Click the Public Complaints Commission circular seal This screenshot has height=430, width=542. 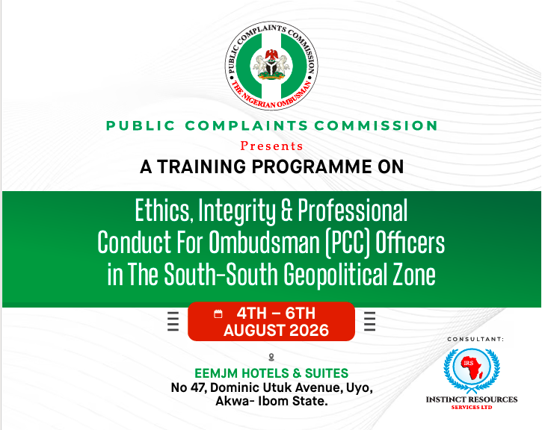(271, 66)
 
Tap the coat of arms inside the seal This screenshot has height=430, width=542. (271, 64)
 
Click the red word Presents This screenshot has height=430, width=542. (271, 146)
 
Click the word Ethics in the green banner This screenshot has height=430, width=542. (162, 211)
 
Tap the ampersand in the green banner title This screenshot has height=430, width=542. (286, 211)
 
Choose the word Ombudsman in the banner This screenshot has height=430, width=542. (265, 243)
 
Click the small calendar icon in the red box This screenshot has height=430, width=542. (218, 314)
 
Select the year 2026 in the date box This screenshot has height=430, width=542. (309, 331)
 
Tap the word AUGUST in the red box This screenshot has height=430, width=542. (255, 331)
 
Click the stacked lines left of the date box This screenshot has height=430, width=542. (173, 321)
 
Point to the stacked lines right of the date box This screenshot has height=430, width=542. (369, 321)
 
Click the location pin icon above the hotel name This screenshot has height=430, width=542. (271, 357)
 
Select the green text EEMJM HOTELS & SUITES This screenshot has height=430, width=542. (271, 373)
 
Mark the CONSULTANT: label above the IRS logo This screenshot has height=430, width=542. (475, 339)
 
